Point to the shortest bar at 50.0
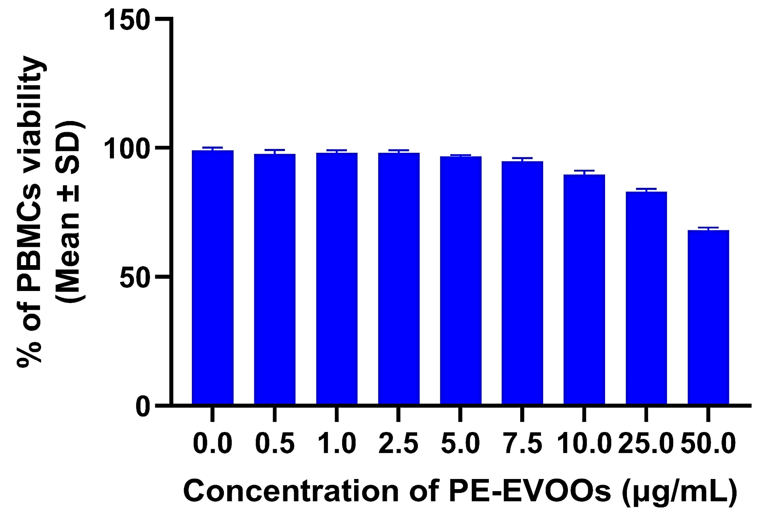708,317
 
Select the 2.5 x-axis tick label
398,444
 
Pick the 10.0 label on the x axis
584,444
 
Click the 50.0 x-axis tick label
708,444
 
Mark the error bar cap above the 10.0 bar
584,171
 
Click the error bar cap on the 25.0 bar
646,189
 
